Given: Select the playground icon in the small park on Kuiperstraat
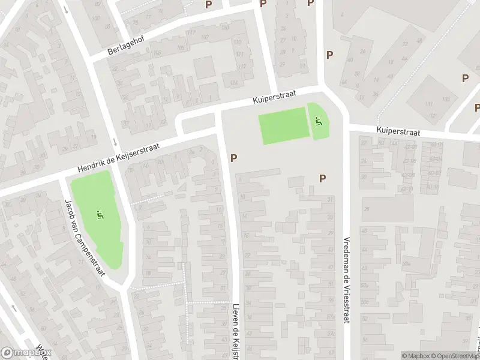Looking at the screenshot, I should (x=318, y=122).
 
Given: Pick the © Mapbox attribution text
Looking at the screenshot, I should (x=415, y=356).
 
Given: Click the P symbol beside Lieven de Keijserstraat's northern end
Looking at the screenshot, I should (x=234, y=158).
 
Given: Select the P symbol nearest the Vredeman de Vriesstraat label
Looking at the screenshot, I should (x=323, y=178).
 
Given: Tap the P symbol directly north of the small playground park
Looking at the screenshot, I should (x=329, y=55).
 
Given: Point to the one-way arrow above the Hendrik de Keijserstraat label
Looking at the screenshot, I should (x=114, y=142).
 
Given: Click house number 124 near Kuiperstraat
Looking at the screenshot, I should (x=233, y=82).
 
